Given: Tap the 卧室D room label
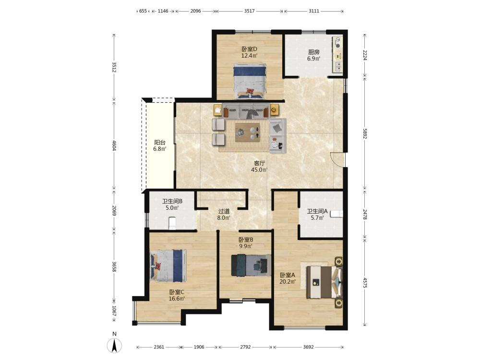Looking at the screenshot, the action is coord(249,49).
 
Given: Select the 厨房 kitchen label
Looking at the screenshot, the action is coord(314,52).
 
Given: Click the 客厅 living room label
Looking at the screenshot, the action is coord(259,163).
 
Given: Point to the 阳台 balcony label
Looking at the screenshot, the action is coord(160,143).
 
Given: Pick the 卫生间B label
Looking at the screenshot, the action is coord(172,201).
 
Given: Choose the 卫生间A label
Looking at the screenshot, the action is coord(317,211).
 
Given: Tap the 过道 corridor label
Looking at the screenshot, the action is coord(224,211).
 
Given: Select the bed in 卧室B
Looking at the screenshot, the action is coord(251,265).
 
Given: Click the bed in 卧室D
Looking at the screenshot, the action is coord(250,81).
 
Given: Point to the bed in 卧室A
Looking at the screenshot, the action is coord(324,282).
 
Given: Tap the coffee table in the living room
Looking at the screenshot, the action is coord(248,132).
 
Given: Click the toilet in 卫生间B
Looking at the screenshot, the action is coord(172,223).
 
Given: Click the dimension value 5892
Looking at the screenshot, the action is coord(365,133).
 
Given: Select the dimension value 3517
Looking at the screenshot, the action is coord(250,11).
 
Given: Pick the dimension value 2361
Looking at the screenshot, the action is coord(159,347).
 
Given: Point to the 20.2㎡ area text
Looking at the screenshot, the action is coord(288,282).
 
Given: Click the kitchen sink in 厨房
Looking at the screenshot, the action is coord(338,66).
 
